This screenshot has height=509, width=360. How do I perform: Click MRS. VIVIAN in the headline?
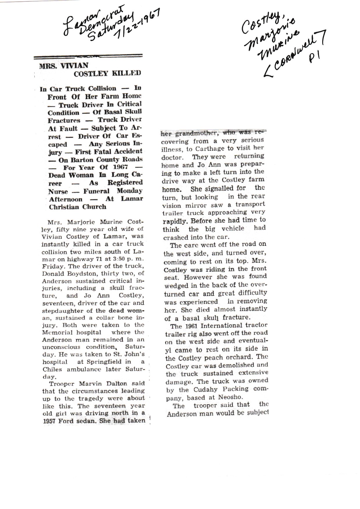(x=64, y=66)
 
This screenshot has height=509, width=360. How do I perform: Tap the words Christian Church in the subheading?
(x=78, y=207)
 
